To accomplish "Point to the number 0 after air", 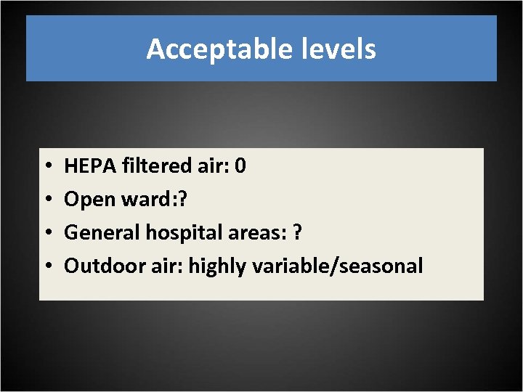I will tap(241, 166).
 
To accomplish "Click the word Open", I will tap(89, 200).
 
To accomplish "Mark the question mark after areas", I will tap(297, 233).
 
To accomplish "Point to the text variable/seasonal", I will tap(337, 266).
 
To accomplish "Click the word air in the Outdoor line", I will tap(169, 266).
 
